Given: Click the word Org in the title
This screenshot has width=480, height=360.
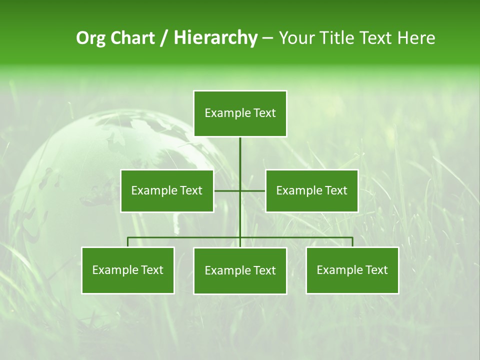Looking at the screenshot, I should [91, 38].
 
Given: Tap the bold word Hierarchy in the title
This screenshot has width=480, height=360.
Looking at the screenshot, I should [215, 38].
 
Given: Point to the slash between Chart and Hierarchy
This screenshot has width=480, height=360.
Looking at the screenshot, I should [164, 38].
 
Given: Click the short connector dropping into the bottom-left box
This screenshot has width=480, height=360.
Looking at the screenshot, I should [128, 242].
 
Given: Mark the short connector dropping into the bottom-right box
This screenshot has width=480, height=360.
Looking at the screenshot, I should [352, 242].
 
